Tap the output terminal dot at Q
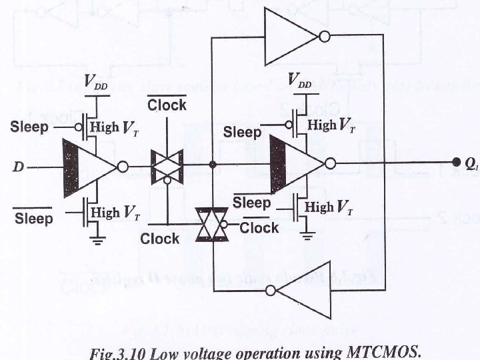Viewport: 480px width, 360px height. pyautogui.click(x=457, y=162)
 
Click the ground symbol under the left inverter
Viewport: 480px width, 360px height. pyautogui.click(x=99, y=241)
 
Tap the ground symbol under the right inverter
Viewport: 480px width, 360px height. pyautogui.click(x=307, y=234)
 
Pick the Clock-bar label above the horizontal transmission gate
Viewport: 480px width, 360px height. pyautogui.click(x=167, y=105)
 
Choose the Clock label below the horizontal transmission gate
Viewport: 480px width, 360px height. pyautogui.click(x=160, y=238)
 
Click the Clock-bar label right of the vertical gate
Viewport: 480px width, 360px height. pyautogui.click(x=259, y=227)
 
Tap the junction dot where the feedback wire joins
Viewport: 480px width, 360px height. pyautogui.click(x=212, y=164)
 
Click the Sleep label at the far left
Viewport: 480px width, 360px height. pyautogui.click(x=29, y=127)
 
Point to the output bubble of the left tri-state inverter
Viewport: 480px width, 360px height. pyautogui.click(x=123, y=167)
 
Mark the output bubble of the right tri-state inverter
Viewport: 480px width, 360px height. pyautogui.click(x=330, y=163)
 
